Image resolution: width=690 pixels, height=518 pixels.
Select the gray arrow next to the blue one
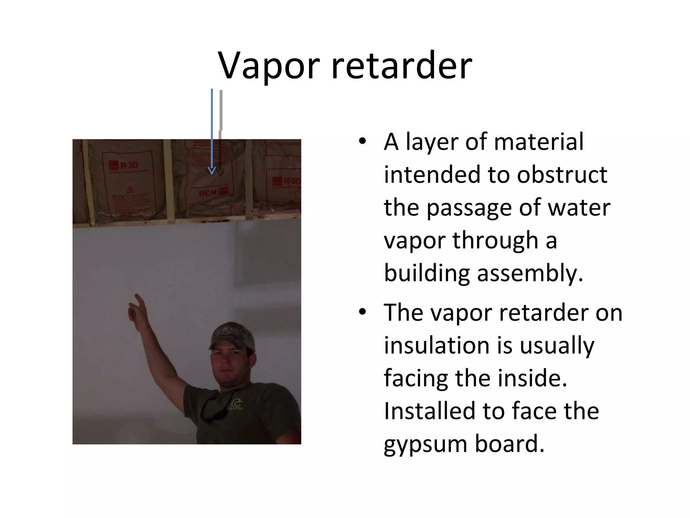pyautogui.click(x=221, y=135)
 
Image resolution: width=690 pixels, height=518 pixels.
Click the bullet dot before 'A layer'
pyautogui.click(x=362, y=142)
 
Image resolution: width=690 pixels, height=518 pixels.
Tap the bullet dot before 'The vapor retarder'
pyautogui.click(x=362, y=312)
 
